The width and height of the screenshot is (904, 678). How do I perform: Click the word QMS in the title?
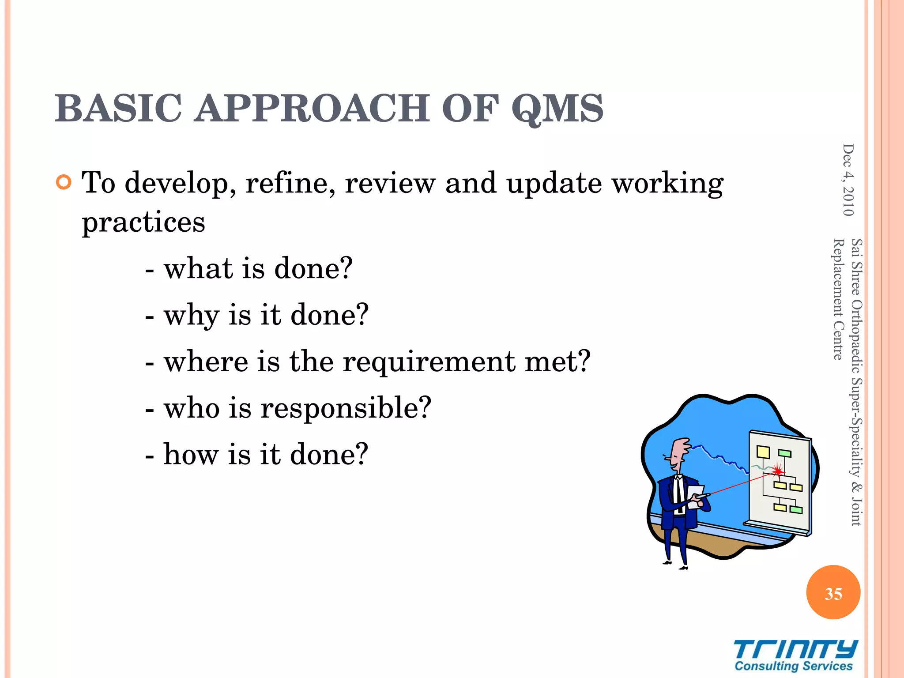pos(557,109)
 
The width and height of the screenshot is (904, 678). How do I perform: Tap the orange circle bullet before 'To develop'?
pos(64,182)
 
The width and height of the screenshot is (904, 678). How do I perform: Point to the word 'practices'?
pos(143,222)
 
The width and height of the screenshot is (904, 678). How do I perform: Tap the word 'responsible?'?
pos(346,407)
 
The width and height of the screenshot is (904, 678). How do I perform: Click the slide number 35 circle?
pos(833,593)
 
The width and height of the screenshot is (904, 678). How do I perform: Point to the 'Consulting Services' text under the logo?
pos(793,666)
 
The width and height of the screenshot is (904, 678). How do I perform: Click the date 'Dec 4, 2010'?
pos(848,180)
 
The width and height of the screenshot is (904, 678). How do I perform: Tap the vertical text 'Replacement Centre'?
pos(838,299)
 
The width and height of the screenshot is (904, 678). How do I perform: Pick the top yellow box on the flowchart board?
pos(763,452)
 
